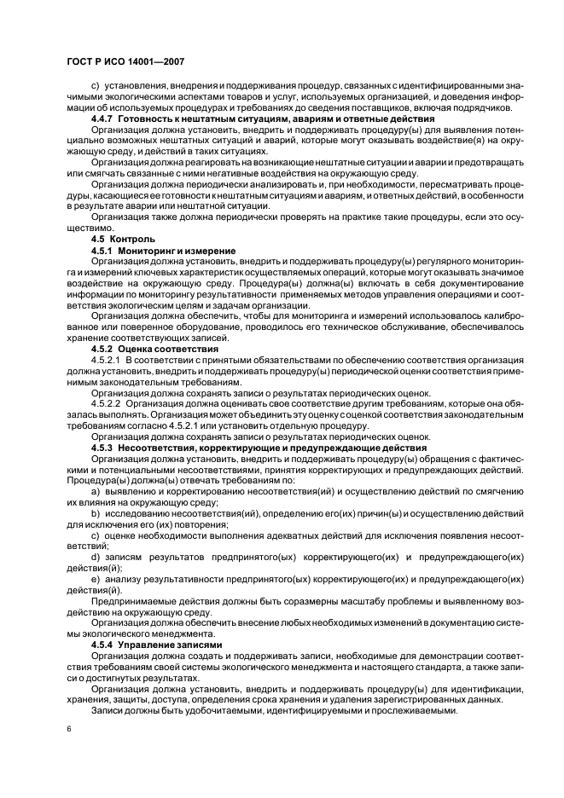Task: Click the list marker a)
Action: tap(96, 492)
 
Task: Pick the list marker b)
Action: tap(96, 513)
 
